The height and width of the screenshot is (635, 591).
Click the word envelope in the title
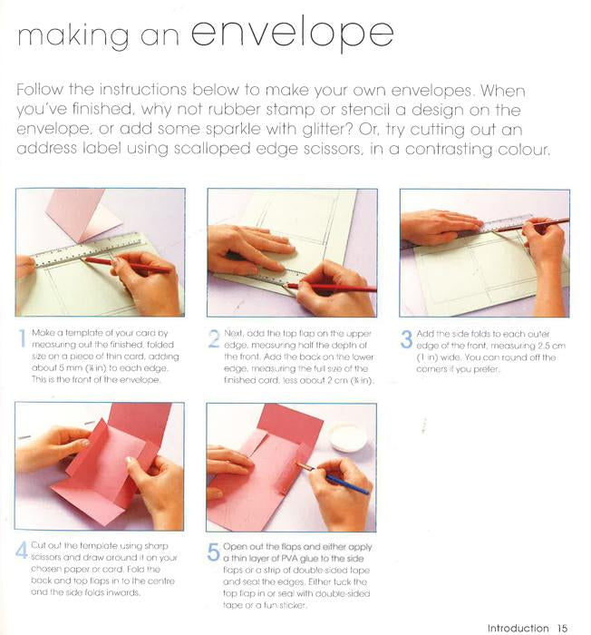(292, 34)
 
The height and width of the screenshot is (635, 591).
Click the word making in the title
(73, 36)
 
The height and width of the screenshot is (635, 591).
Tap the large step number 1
(23, 338)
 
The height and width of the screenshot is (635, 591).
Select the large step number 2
(214, 338)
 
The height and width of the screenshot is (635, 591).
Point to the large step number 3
(406, 339)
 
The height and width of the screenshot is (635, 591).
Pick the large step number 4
(22, 551)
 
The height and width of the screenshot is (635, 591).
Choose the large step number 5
(213, 552)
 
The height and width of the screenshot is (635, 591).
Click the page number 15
(562, 628)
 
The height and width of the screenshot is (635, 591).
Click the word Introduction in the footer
(518, 628)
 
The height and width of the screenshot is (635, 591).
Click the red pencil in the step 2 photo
(331, 288)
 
